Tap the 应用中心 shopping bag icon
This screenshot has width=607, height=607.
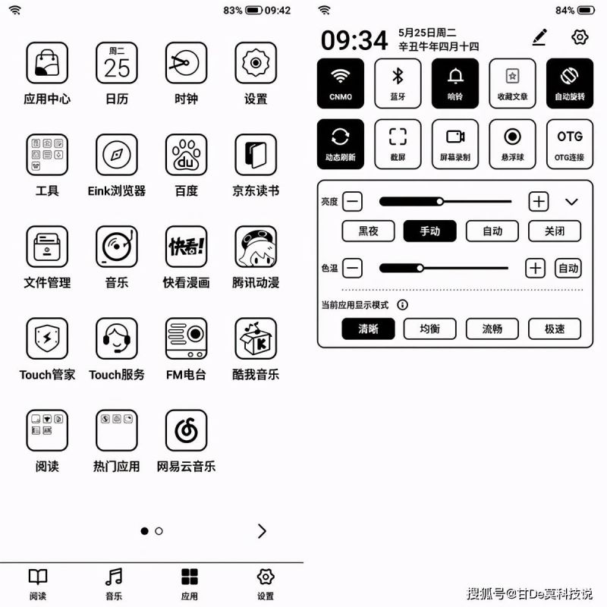point(47,63)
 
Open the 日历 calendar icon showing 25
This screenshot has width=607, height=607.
point(117,63)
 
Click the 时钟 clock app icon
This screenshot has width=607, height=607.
point(186,63)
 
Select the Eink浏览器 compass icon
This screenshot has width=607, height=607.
point(117,155)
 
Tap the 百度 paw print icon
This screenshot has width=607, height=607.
point(186,155)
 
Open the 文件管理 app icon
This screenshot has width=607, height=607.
point(47,247)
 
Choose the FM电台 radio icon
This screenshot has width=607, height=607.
point(186,338)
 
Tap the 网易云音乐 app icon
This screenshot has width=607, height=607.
point(186,430)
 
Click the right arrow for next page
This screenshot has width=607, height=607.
point(262,531)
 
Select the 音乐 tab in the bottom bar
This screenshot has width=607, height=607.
point(114,583)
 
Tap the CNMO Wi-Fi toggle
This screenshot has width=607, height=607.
point(341,83)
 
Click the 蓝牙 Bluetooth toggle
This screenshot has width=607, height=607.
point(398,83)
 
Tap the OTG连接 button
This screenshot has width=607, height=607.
point(570,144)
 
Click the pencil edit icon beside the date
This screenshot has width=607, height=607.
point(539,36)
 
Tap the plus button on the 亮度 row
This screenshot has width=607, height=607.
point(539,201)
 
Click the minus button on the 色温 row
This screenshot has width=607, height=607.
point(353,268)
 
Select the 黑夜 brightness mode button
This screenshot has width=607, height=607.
point(368,231)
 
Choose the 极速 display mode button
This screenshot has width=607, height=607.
point(555,329)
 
